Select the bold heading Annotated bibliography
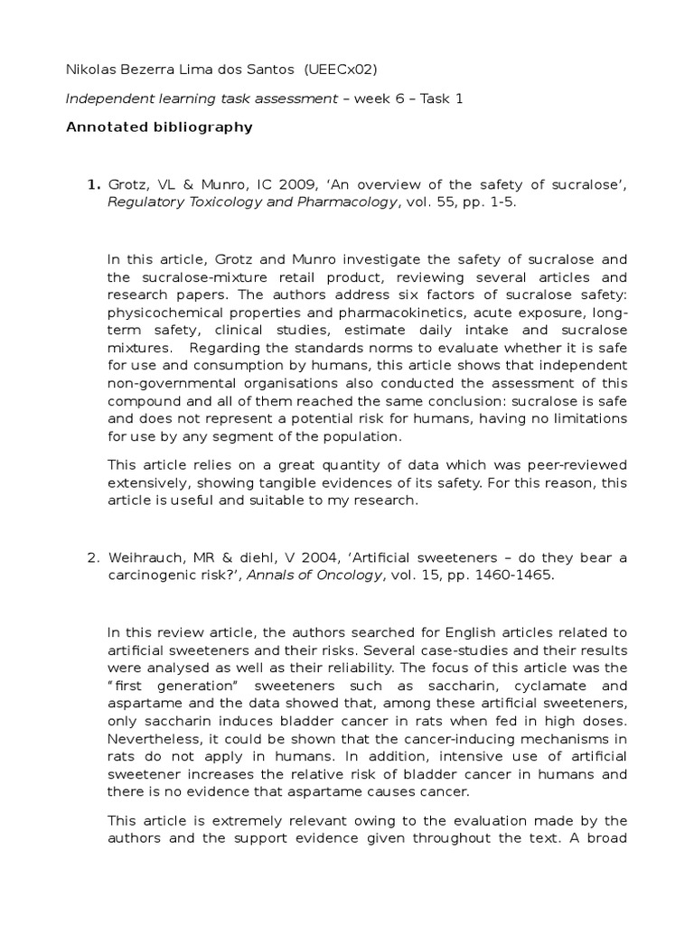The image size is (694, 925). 159,127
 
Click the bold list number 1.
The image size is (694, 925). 93,185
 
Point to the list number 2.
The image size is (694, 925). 93,557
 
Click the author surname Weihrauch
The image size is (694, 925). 146,557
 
